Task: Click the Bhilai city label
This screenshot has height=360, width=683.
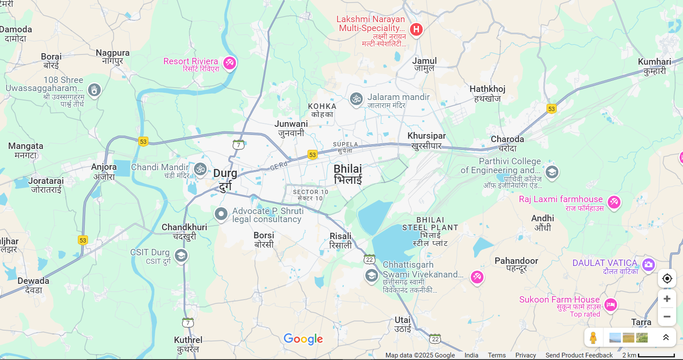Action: pos(348,174)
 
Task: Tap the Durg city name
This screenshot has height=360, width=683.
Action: pos(225,179)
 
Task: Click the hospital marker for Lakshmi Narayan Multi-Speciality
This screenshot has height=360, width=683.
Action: pos(416,29)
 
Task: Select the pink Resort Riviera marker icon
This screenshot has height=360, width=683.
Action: pos(230,63)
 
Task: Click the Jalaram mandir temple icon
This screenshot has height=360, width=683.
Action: pos(356,99)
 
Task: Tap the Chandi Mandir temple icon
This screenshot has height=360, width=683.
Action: pos(200,169)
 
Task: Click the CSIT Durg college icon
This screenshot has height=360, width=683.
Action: pos(181,256)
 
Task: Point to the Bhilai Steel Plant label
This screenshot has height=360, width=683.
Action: pos(430,231)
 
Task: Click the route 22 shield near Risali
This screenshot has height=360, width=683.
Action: pos(369,260)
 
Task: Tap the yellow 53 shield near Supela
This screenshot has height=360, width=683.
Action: pos(313,154)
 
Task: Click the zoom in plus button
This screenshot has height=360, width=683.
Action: pos(667,299)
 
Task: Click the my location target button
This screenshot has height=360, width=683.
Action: pos(667,278)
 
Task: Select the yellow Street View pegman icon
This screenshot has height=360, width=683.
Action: pos(593,338)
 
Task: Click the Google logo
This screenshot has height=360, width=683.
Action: pos(303,339)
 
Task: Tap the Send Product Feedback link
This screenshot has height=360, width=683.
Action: pos(579,355)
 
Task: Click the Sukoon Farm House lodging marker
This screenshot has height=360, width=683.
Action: pos(611,304)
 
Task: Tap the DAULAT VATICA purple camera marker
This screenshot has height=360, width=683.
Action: pos(648,265)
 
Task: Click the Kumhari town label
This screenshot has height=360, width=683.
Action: pos(655,66)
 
